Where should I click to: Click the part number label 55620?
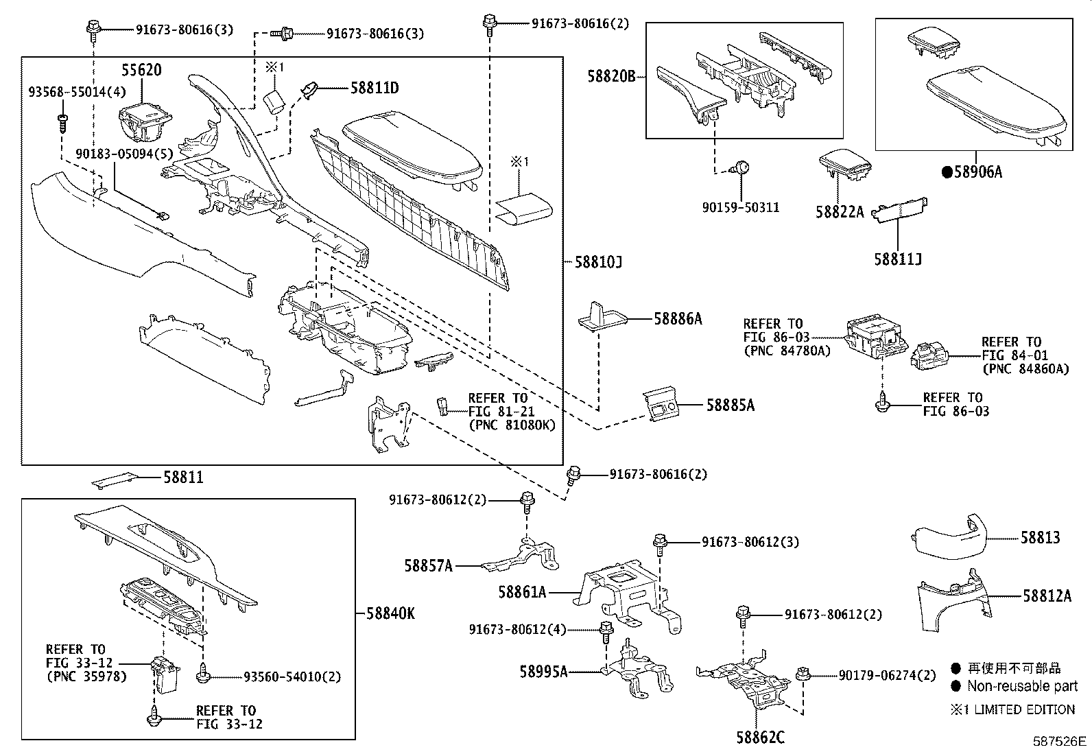[x=142, y=70]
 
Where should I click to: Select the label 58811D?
[x=375, y=88]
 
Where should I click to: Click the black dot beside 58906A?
[x=947, y=173]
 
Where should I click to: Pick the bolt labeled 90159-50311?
[x=741, y=167]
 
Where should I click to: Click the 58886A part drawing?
[x=602, y=316]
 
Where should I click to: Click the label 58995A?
[x=543, y=672]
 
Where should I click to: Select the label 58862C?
[x=760, y=738]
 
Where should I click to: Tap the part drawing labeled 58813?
[x=949, y=534]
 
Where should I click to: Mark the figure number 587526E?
[x=1060, y=742]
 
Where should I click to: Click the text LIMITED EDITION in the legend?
[x=1021, y=710]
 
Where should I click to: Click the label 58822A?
[x=840, y=212]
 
